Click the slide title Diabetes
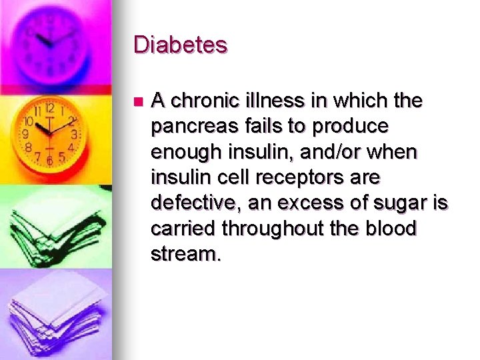click(x=181, y=45)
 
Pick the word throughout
click(x=283, y=229)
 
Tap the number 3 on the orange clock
click(x=75, y=134)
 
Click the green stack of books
click(x=50, y=227)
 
